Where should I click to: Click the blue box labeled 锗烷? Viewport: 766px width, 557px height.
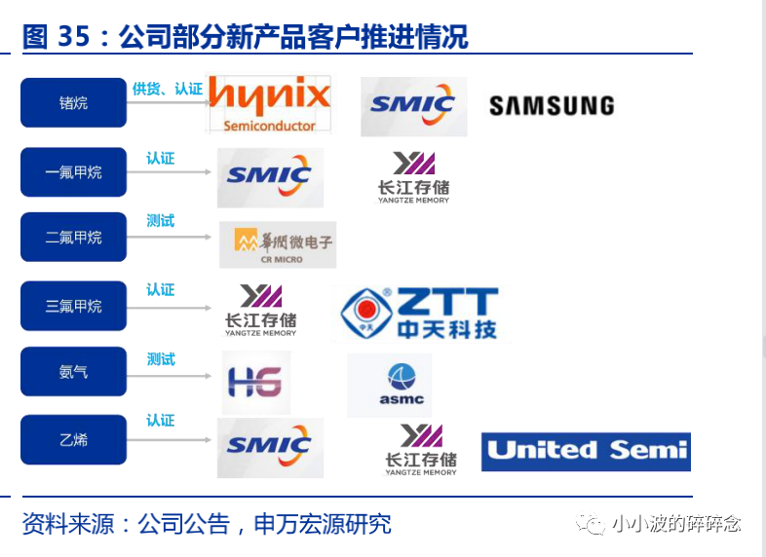[74, 102]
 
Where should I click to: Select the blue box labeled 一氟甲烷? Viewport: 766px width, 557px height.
[74, 172]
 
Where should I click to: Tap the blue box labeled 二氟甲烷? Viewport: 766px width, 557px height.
[74, 238]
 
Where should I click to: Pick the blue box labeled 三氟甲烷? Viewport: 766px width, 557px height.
[74, 306]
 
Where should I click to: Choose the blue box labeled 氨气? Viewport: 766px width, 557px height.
[74, 372]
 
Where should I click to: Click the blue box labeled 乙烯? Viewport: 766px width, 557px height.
[74, 439]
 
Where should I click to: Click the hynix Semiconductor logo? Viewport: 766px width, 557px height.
[269, 104]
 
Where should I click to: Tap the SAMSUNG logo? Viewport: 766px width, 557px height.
[552, 105]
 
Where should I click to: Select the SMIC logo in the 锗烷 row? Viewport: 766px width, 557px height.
[413, 106]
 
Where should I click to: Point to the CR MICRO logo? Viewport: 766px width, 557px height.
[278, 245]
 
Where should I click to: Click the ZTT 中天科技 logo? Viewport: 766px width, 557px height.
[419, 313]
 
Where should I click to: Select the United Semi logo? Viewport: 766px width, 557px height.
[586, 451]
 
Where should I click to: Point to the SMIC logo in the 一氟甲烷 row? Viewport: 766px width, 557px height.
[270, 177]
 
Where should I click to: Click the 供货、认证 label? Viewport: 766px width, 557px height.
[168, 89]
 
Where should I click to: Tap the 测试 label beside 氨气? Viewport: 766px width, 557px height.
[161, 359]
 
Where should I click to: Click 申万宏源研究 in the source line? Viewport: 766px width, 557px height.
[322, 524]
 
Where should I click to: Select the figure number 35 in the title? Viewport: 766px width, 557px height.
[73, 37]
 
